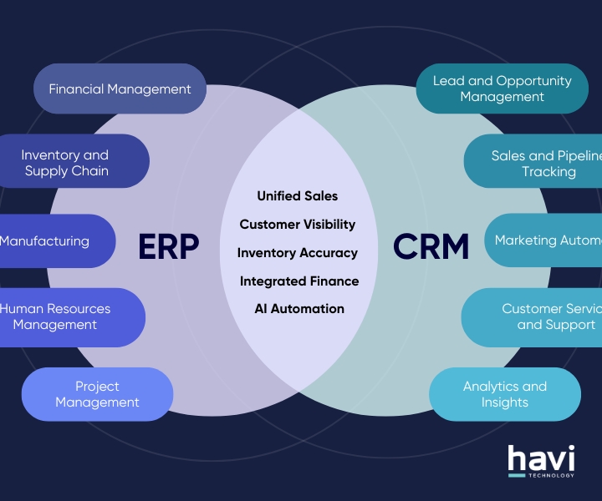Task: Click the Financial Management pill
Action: tap(120, 89)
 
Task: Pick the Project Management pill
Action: tap(97, 394)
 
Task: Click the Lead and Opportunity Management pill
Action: tap(502, 89)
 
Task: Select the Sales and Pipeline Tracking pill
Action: tap(536, 163)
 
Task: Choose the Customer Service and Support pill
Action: tap(535, 316)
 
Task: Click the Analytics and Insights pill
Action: tap(505, 394)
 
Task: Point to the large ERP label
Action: tap(169, 246)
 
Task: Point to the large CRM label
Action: tap(431, 246)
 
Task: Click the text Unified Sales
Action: tap(298, 195)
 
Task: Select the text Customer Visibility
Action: tap(298, 224)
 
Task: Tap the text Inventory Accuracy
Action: tap(298, 252)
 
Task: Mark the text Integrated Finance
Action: tap(299, 281)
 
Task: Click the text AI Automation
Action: tap(299, 308)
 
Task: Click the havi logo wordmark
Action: tap(541, 458)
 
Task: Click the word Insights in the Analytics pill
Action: tap(505, 402)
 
